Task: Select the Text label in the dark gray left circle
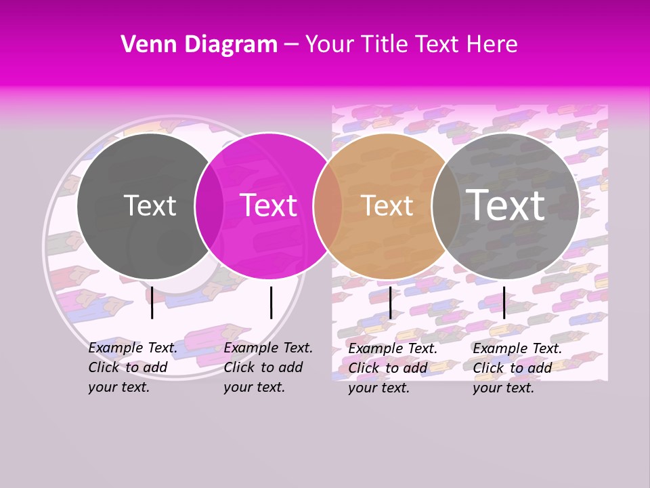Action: (x=150, y=205)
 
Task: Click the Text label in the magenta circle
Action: (x=268, y=205)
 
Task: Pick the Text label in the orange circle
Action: (x=387, y=205)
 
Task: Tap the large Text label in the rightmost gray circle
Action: (x=506, y=205)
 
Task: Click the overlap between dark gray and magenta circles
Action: (x=209, y=205)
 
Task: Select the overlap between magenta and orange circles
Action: (x=328, y=205)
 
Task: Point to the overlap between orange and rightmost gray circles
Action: (x=446, y=205)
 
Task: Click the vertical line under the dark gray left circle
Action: (x=152, y=302)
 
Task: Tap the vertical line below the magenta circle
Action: (x=271, y=302)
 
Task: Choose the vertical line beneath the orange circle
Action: (x=391, y=302)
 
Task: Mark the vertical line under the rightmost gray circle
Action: (x=504, y=302)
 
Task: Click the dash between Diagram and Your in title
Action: (x=291, y=45)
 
